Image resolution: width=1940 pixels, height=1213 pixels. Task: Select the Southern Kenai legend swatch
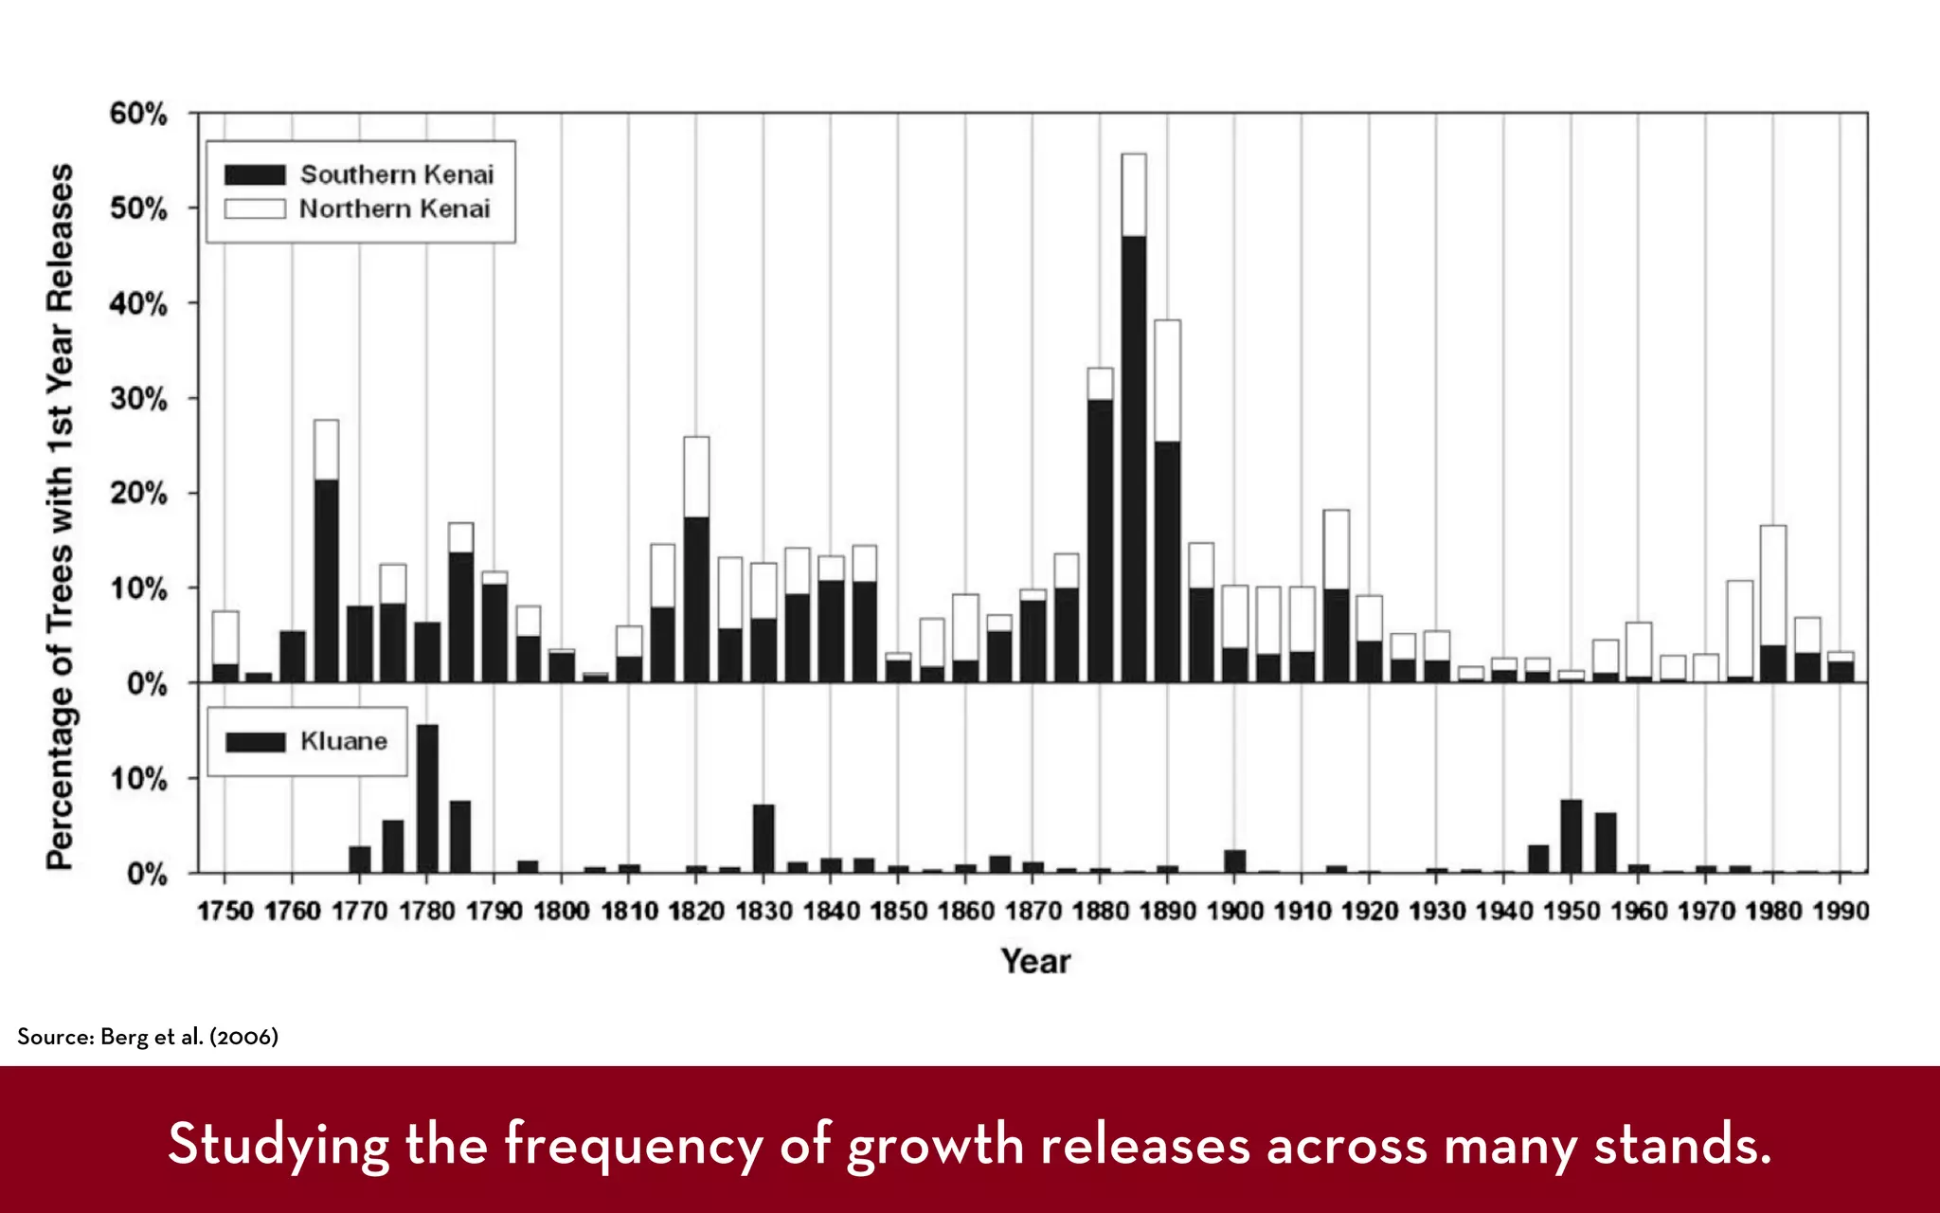tap(255, 175)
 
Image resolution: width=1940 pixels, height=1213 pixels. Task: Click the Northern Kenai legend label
tap(395, 209)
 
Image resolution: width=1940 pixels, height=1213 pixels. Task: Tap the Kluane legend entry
tap(344, 741)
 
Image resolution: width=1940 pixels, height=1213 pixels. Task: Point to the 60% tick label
tap(138, 114)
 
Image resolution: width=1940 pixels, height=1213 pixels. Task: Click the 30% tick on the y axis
tap(138, 399)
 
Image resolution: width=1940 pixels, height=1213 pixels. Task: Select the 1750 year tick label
tap(225, 912)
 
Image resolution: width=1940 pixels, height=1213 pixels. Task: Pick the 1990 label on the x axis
tap(1841, 912)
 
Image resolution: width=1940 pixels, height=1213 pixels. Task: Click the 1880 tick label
tap(1100, 912)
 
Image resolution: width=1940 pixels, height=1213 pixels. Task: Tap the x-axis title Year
tap(1035, 962)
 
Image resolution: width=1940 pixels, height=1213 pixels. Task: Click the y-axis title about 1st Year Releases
tap(60, 516)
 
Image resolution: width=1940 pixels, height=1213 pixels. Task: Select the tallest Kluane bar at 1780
tap(427, 798)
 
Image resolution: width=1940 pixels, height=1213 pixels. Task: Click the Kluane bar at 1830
tap(763, 838)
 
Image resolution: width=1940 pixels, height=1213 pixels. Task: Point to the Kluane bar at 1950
tap(1572, 836)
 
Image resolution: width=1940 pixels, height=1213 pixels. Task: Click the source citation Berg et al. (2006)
tap(148, 1037)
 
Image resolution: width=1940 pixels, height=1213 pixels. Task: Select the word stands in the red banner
tap(1681, 1145)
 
